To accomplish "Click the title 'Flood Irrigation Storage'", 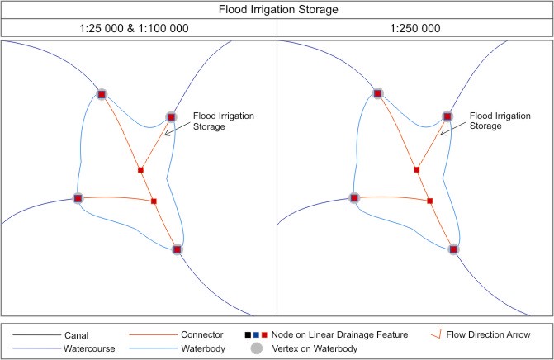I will pos(277,10).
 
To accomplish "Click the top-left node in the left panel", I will pos(102,95).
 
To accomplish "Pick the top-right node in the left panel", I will pos(172,116).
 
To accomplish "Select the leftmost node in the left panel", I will pos(78,198).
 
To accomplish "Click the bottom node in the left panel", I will pos(177,249).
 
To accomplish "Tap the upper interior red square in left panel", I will pos(140,170).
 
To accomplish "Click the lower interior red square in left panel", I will pos(154,201).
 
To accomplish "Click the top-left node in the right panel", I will pos(377,95).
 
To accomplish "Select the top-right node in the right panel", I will pos(447,116).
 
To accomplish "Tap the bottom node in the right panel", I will pos(452,249).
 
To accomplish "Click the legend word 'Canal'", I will pos(75,335).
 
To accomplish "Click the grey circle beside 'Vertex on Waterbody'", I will pos(257,349).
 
